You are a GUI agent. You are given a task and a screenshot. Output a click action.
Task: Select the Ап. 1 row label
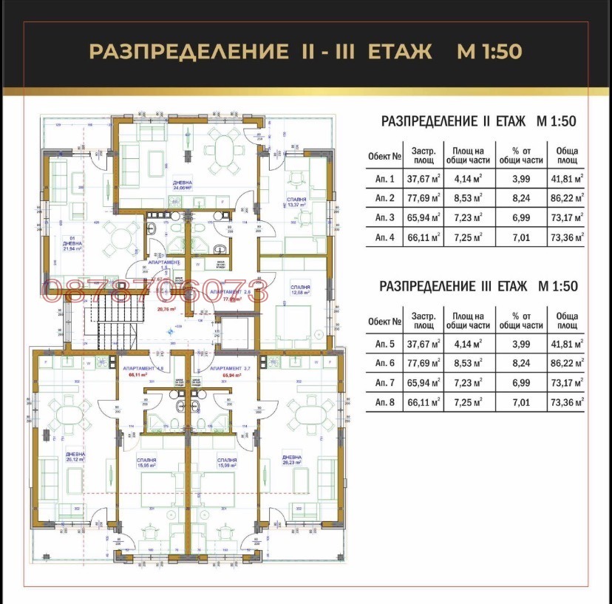[385, 179]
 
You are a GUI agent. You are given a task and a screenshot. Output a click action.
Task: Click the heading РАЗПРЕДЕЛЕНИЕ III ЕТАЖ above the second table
[477, 286]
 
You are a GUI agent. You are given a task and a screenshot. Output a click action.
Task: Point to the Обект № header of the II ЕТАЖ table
[385, 156]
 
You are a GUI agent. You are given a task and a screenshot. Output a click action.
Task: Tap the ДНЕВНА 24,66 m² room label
[183, 185]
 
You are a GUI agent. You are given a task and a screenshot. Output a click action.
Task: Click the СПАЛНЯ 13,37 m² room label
[297, 203]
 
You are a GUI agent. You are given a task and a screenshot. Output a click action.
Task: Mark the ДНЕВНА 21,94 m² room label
[72, 246]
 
